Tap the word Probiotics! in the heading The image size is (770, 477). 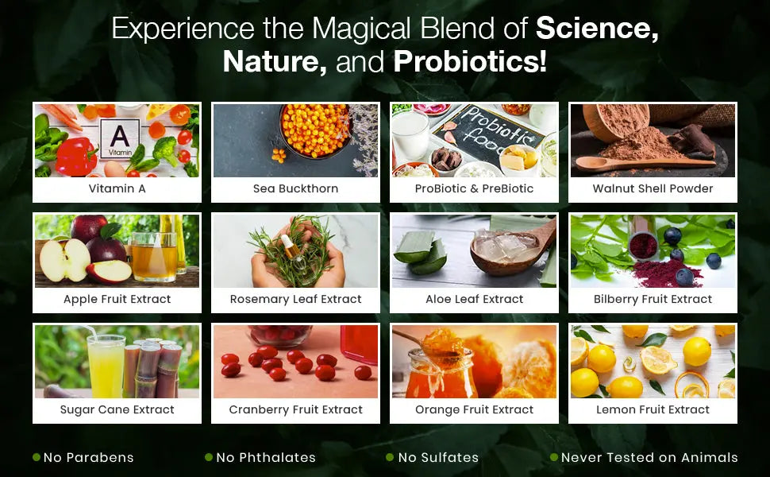pos(470,62)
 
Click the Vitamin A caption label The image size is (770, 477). pos(117,188)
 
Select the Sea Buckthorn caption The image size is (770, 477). pos(295,188)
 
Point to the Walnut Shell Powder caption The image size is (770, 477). pos(653,188)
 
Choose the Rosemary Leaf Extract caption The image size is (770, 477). pos(295,299)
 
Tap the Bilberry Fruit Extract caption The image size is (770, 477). pos(653,299)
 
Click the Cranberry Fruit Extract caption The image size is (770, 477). pos(295,409)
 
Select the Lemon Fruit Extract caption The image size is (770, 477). pos(653,409)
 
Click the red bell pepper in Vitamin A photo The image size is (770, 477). pos(75,157)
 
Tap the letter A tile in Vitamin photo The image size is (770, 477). pos(119,138)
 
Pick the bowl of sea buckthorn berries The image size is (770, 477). pos(315,130)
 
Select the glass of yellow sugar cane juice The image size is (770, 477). pos(106,366)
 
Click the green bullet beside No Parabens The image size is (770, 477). pos(37,457)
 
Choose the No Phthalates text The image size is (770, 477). pos(266,457)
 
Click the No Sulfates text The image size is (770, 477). pos(438,457)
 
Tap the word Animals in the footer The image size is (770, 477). pos(709,457)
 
